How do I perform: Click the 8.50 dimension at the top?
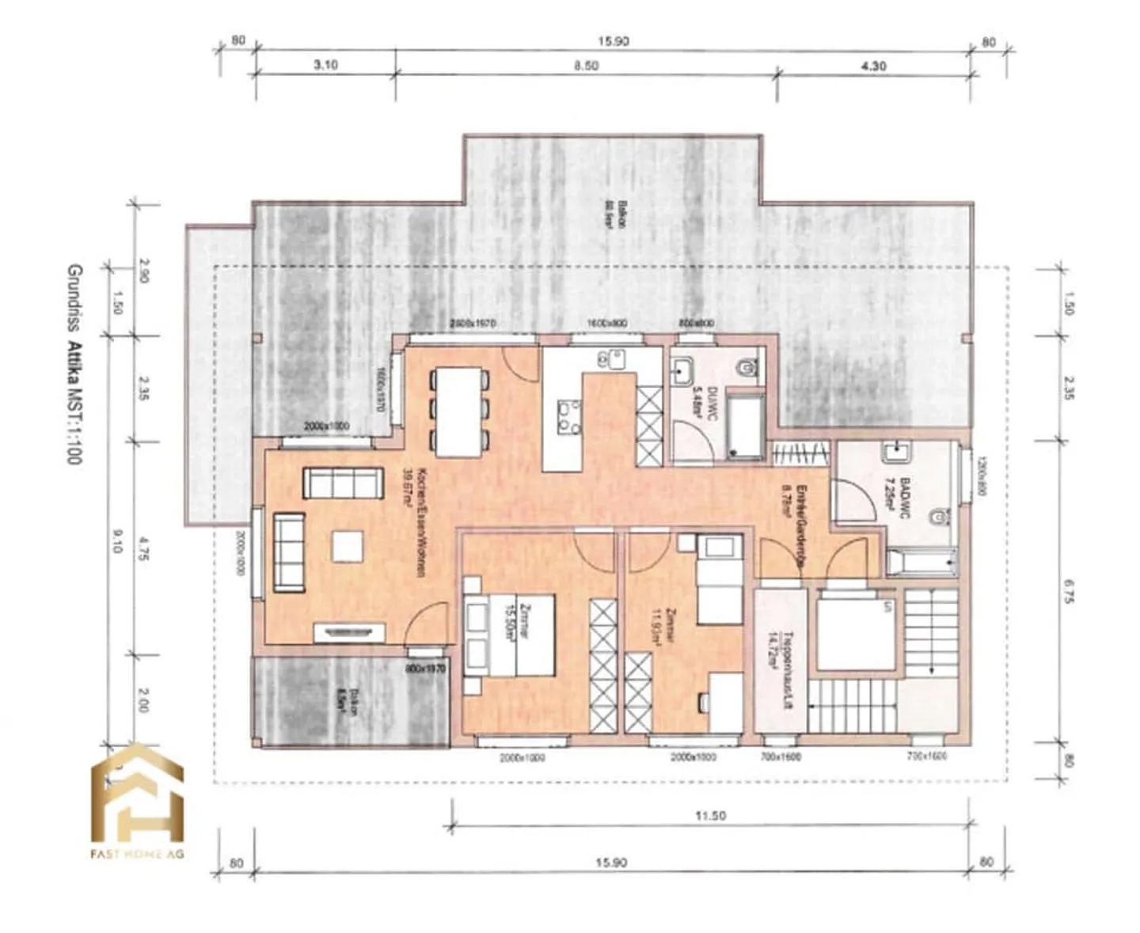[586, 66]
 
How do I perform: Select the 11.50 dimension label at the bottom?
[709, 815]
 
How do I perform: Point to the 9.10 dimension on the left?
[118, 543]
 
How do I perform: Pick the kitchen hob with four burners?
[566, 419]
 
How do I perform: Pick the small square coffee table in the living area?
[348, 547]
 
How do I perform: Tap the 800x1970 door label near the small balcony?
[426, 669]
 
